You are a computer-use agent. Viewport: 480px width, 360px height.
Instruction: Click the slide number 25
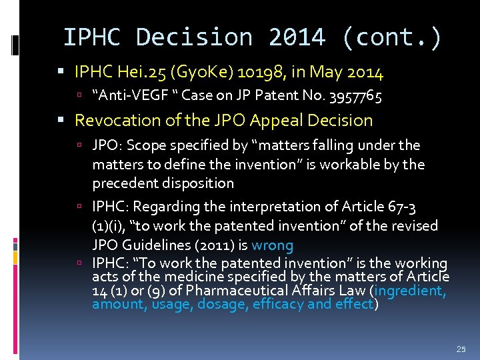point(459,349)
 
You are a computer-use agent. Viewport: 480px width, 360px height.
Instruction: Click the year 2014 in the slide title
point(297,37)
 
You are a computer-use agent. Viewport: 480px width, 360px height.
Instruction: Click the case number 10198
point(275,71)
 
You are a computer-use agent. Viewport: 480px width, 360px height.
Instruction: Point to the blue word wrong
point(272,245)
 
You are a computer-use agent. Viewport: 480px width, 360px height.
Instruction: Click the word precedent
point(121,183)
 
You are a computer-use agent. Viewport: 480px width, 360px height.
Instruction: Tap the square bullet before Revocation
point(64,121)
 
